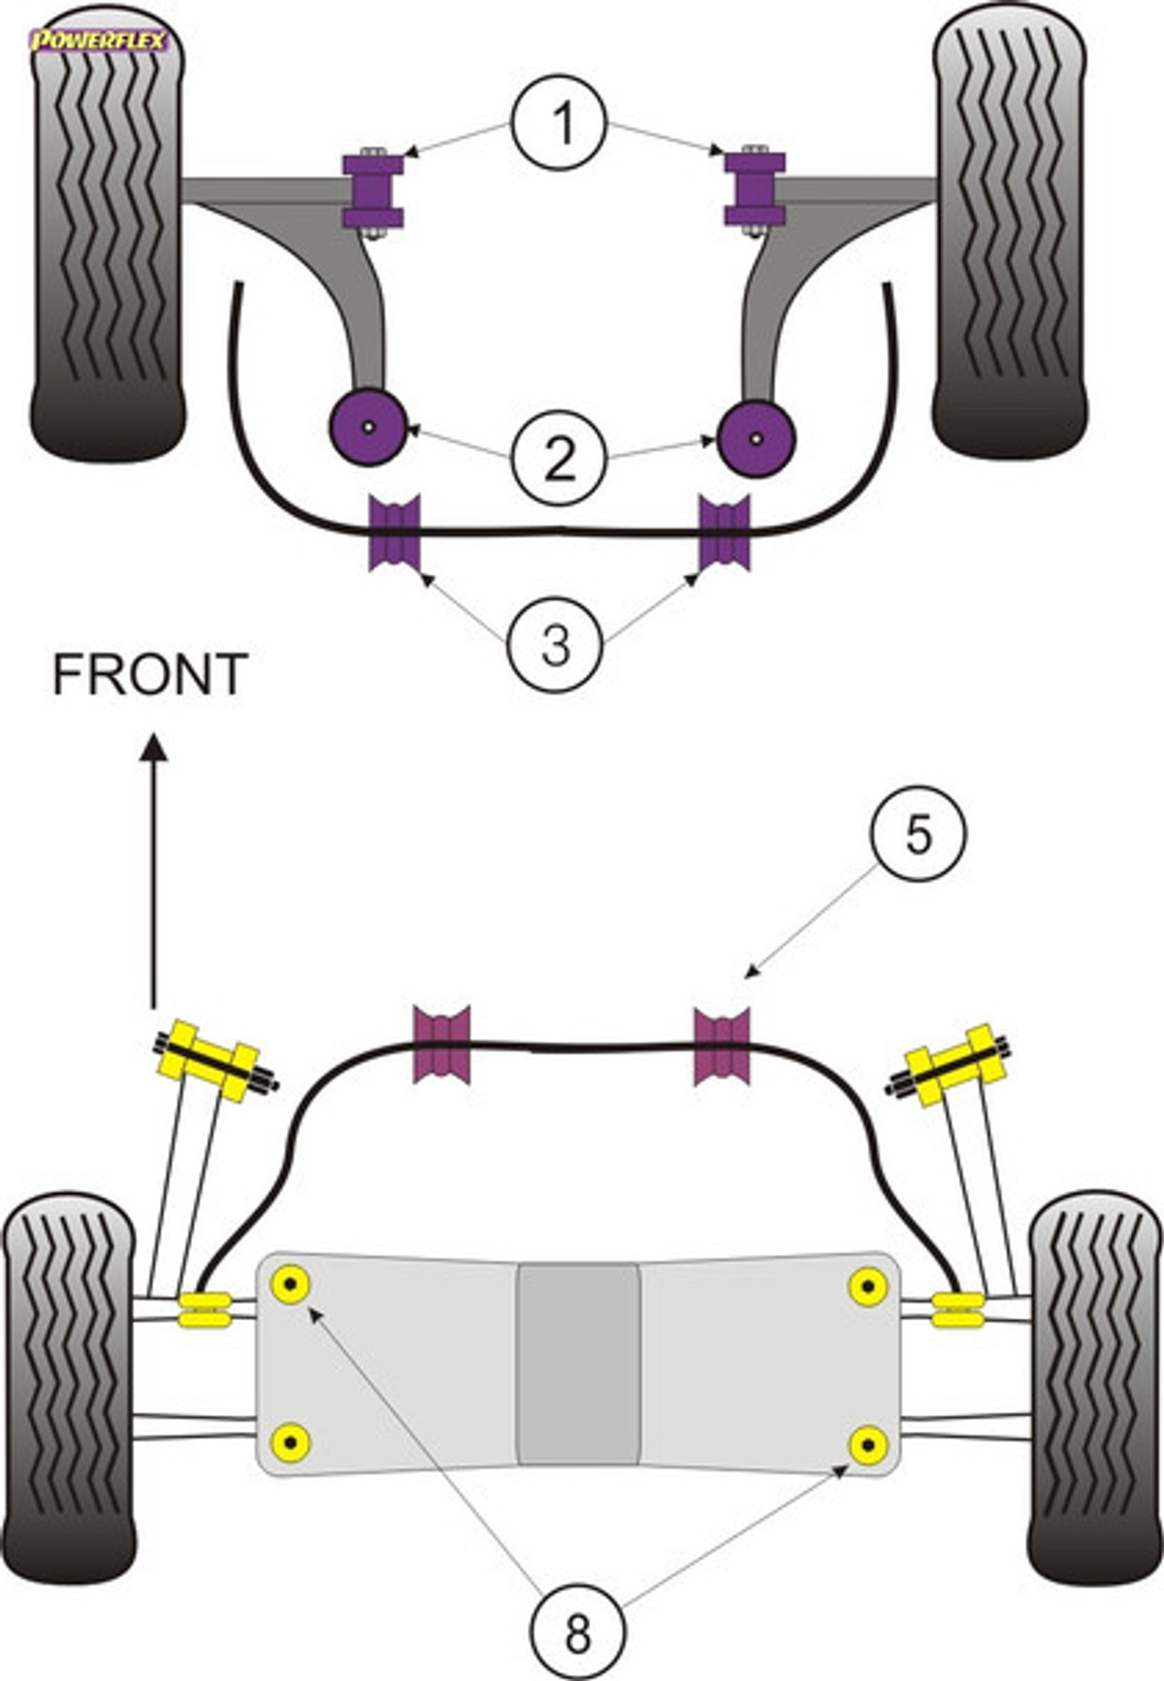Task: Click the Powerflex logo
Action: [x=99, y=41]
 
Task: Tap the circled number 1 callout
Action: [x=560, y=123]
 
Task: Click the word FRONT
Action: [x=150, y=675]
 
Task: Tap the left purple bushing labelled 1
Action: [x=372, y=191]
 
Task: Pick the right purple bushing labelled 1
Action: [x=755, y=190]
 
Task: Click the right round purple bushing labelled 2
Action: [x=757, y=437]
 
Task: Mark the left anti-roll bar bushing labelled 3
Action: [x=395, y=532]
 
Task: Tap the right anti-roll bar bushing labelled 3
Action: [x=725, y=532]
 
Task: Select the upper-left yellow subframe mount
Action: [x=291, y=1285]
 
